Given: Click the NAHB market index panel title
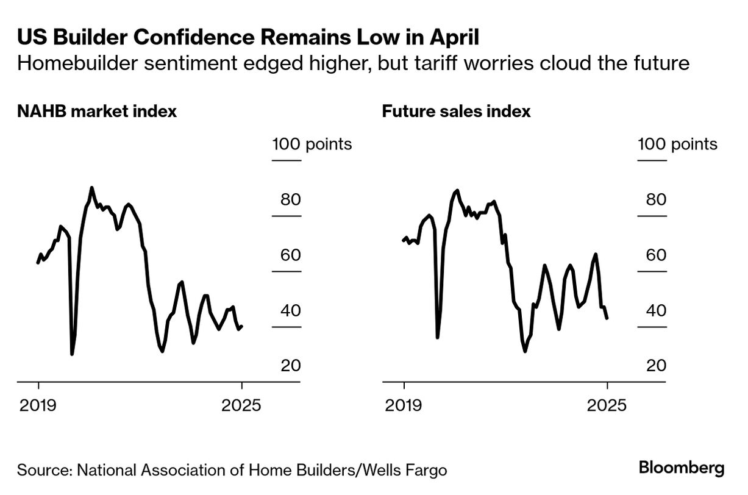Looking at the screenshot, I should tap(97, 112).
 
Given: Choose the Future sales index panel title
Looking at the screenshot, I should tap(456, 112).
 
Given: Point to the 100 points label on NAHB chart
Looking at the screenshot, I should tap(312, 144).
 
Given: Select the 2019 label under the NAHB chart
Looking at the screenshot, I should tap(38, 405).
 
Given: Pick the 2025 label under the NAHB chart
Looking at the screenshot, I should tap(242, 405).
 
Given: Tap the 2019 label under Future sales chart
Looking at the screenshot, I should tap(404, 405).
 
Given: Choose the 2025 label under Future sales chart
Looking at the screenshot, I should tap(607, 405).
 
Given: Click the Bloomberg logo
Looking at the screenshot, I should tap(682, 468).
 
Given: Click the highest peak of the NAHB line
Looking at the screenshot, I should tap(91, 188).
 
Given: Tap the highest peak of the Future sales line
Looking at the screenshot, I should tap(457, 190).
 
